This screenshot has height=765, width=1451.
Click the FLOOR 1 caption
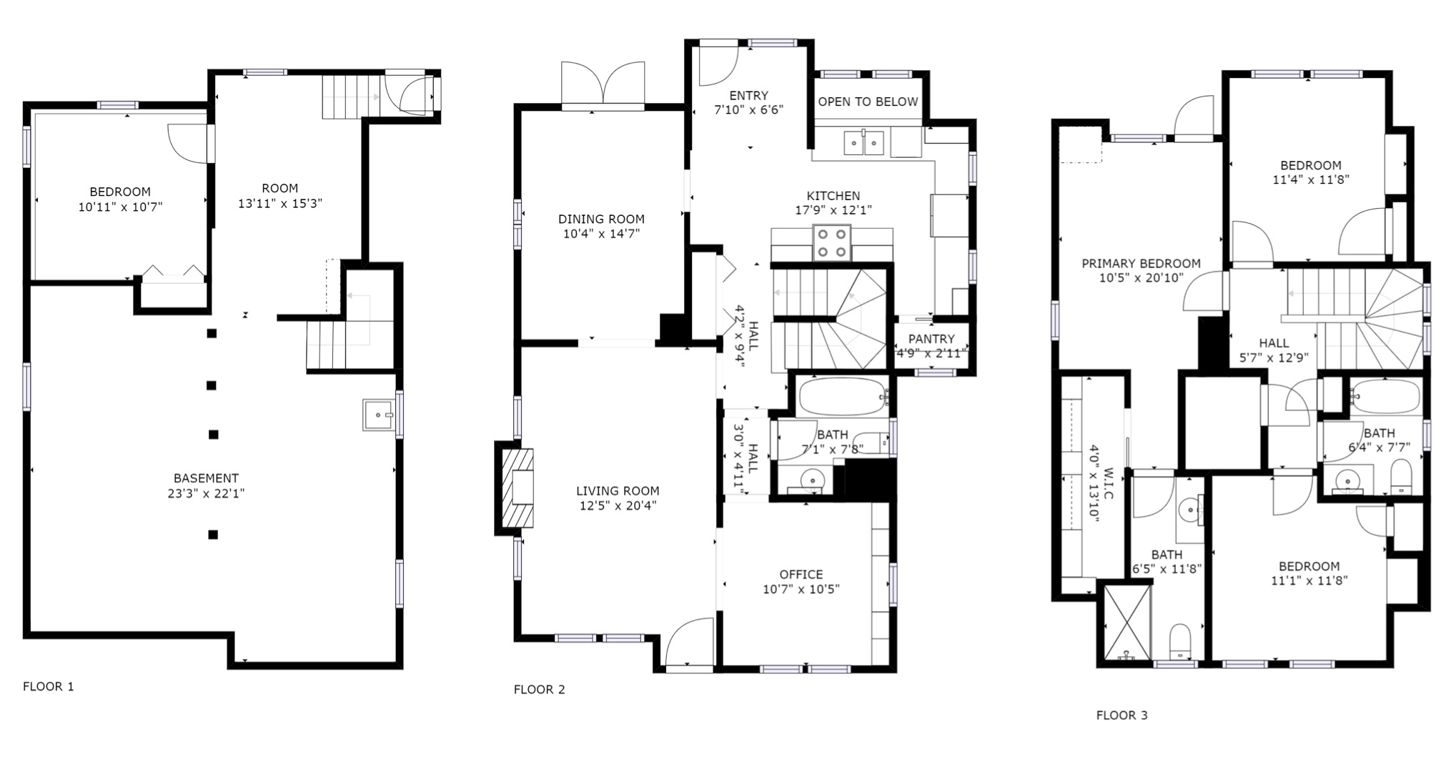[49, 687]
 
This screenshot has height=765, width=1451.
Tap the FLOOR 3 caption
[1122, 716]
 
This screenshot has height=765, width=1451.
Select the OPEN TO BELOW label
[868, 102]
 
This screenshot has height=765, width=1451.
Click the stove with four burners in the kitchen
[832, 243]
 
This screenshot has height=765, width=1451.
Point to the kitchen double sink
[864, 143]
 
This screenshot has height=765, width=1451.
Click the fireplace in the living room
[515, 488]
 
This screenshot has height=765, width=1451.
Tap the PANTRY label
[931, 339]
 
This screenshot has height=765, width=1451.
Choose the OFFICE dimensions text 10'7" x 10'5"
[801, 589]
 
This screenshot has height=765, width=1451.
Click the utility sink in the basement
[378, 415]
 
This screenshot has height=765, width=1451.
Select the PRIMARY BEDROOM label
[1141, 264]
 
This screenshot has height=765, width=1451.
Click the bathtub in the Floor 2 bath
[843, 396]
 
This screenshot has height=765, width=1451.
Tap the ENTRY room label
[749, 96]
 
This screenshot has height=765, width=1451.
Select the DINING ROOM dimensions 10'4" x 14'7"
[601, 234]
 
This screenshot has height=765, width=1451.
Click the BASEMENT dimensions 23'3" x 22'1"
[206, 493]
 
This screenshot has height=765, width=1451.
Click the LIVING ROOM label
[618, 491]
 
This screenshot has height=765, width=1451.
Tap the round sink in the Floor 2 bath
[811, 478]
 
